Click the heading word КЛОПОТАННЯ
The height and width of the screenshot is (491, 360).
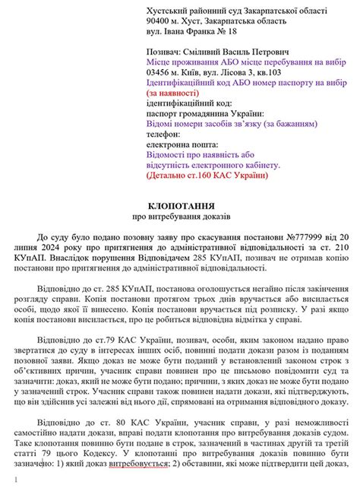point(179,206)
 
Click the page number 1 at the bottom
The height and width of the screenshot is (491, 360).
point(16,481)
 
